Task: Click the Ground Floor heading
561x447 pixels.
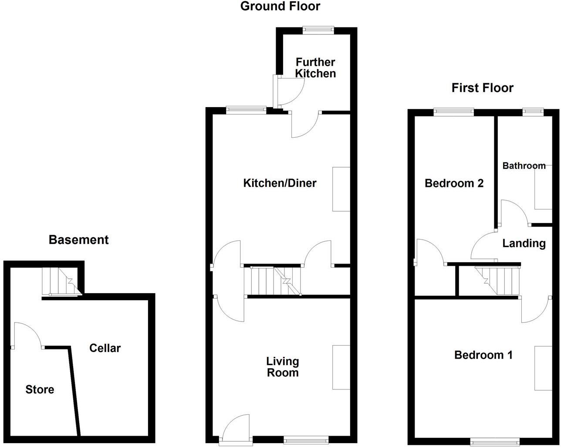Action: (280, 6)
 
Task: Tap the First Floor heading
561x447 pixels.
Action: (482, 88)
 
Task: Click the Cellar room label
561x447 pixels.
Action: (105, 348)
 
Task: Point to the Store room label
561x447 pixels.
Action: (40, 389)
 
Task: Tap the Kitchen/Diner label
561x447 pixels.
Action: (280, 183)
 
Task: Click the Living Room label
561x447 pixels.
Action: (283, 367)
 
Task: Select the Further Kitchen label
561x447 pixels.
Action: (315, 68)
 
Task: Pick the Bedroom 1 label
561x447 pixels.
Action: (483, 355)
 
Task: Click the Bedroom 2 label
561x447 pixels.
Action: (454, 183)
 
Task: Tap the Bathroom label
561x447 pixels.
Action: (524, 166)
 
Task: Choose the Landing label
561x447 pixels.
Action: (524, 243)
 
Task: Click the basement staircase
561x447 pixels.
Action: (61, 281)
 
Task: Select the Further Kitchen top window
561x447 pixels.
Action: (318, 30)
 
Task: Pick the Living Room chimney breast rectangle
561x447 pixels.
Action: (341, 367)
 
